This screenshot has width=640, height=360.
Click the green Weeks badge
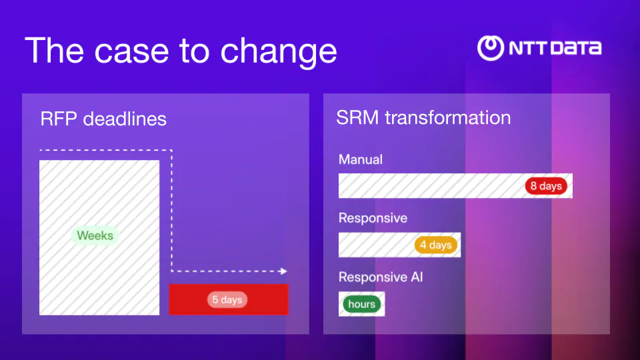coord(95,235)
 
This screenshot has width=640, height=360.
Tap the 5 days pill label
coord(227,300)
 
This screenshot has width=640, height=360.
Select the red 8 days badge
coord(546,186)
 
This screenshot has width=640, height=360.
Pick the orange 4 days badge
coord(435,245)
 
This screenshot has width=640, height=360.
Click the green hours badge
coord(361,304)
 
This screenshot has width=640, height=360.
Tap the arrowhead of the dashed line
coord(283,271)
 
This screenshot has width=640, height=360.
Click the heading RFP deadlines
coord(103,119)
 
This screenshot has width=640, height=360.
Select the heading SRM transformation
coord(423,117)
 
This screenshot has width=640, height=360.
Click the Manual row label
coord(361,159)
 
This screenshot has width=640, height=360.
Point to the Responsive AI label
coord(381,277)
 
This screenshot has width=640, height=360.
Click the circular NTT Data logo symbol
coord(491,48)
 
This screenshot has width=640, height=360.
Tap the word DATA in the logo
coord(575,48)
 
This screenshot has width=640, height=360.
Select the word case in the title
coord(129,51)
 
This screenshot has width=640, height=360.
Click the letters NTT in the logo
coord(527,48)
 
